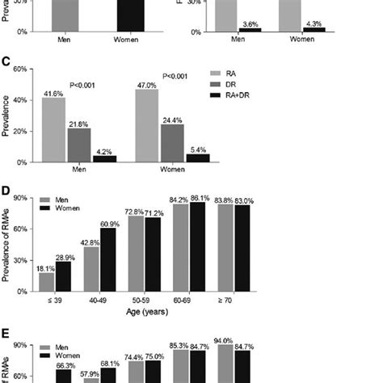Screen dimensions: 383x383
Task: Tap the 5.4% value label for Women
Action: point(196,149)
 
